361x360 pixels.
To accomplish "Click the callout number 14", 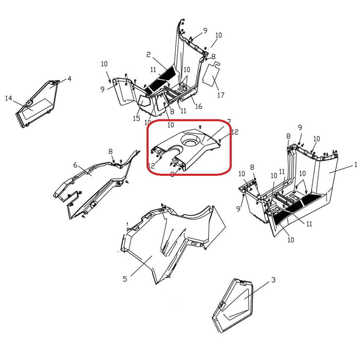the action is click(8, 98).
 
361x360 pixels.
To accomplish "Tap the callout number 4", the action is click(69, 79).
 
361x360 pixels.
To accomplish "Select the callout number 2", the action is click(149, 55).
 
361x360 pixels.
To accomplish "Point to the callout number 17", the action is click(220, 95).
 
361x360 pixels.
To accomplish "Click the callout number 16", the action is click(198, 106).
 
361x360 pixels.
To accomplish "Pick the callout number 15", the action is click(137, 118).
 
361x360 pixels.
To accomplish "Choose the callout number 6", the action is click(75, 165).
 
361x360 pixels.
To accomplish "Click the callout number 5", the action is click(125, 279).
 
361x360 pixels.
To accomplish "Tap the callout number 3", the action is click(273, 280).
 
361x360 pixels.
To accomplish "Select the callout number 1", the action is click(356, 165).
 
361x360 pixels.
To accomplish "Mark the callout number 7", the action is click(228, 121).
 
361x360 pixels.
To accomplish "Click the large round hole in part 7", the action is click(190, 140).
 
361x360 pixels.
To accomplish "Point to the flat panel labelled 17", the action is click(211, 74).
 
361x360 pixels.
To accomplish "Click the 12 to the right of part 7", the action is click(235, 132).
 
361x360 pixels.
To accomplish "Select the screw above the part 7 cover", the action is click(200, 126).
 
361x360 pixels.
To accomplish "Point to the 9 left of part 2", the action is click(102, 89).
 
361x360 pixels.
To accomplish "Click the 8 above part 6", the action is click(110, 152).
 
